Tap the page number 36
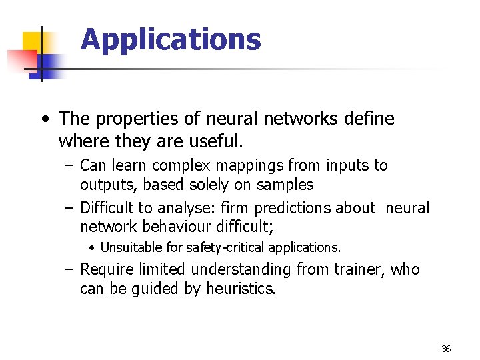[446, 349]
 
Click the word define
[370, 119]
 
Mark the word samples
[285, 184]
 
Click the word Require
[105, 269]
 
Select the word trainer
[359, 269]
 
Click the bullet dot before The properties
[44, 120]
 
